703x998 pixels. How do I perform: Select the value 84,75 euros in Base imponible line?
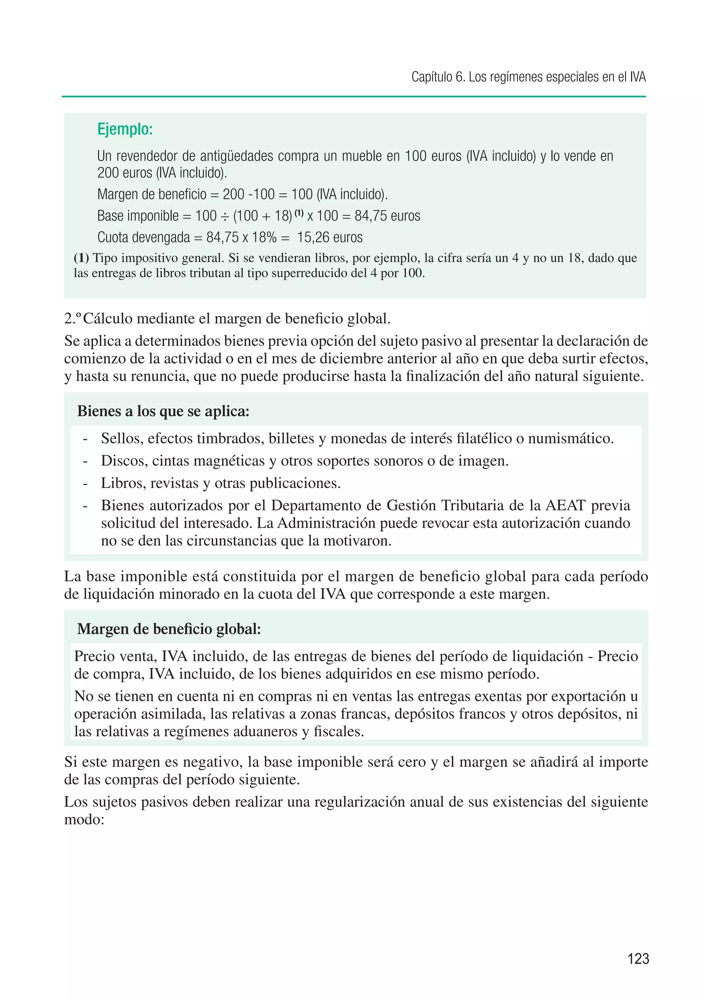[387, 216]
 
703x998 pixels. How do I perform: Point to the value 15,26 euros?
[330, 237]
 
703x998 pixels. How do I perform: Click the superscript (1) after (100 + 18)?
[299, 213]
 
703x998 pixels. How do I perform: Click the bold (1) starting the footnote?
[81, 258]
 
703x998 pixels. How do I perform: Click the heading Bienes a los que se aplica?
[163, 411]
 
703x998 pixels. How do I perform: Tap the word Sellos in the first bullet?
[122, 438]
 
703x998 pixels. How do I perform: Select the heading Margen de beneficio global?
[169, 628]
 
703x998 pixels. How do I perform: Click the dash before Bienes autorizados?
[85, 506]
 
